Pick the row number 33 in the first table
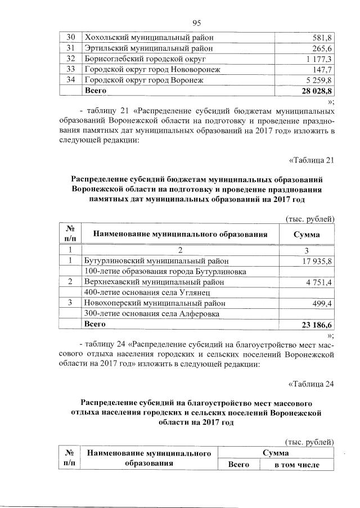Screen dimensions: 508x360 pyautogui.click(x=71, y=70)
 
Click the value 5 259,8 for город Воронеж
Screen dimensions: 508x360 pyautogui.click(x=318, y=80)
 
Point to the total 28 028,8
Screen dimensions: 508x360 pyautogui.click(x=316, y=91)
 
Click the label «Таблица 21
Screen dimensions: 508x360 pyautogui.click(x=311, y=161)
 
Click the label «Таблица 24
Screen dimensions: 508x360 pyautogui.click(x=311, y=385)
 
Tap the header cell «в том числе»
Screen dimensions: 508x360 pyautogui.click(x=296, y=465)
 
